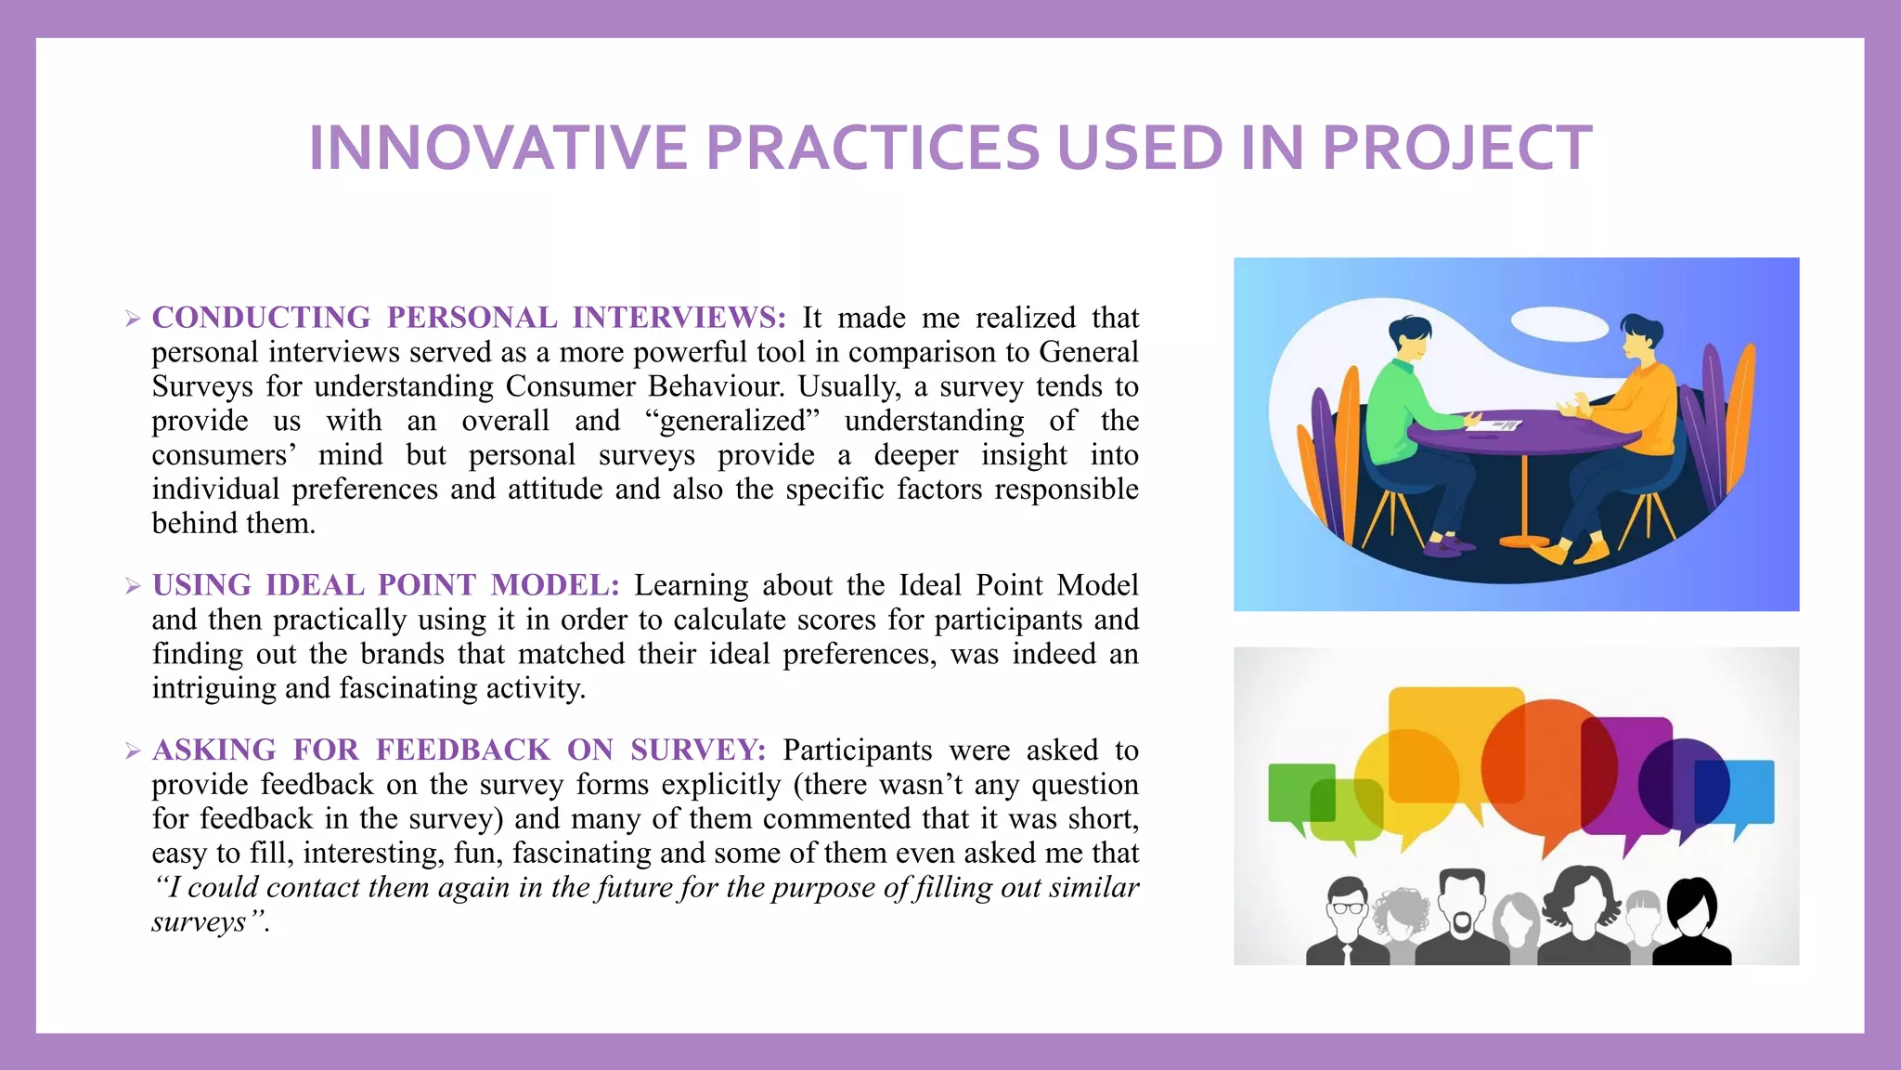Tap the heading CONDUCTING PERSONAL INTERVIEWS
pyautogui.click(x=469, y=318)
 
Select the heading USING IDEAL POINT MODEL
pyautogui.click(x=385, y=585)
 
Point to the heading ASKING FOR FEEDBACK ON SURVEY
pyautogui.click(x=459, y=750)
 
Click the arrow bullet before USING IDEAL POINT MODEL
pyautogui.click(x=133, y=586)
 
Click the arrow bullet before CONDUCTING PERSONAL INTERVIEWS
pyautogui.click(x=133, y=319)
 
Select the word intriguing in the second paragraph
pyautogui.click(x=214, y=688)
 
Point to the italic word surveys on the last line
pyautogui.click(x=199, y=921)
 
